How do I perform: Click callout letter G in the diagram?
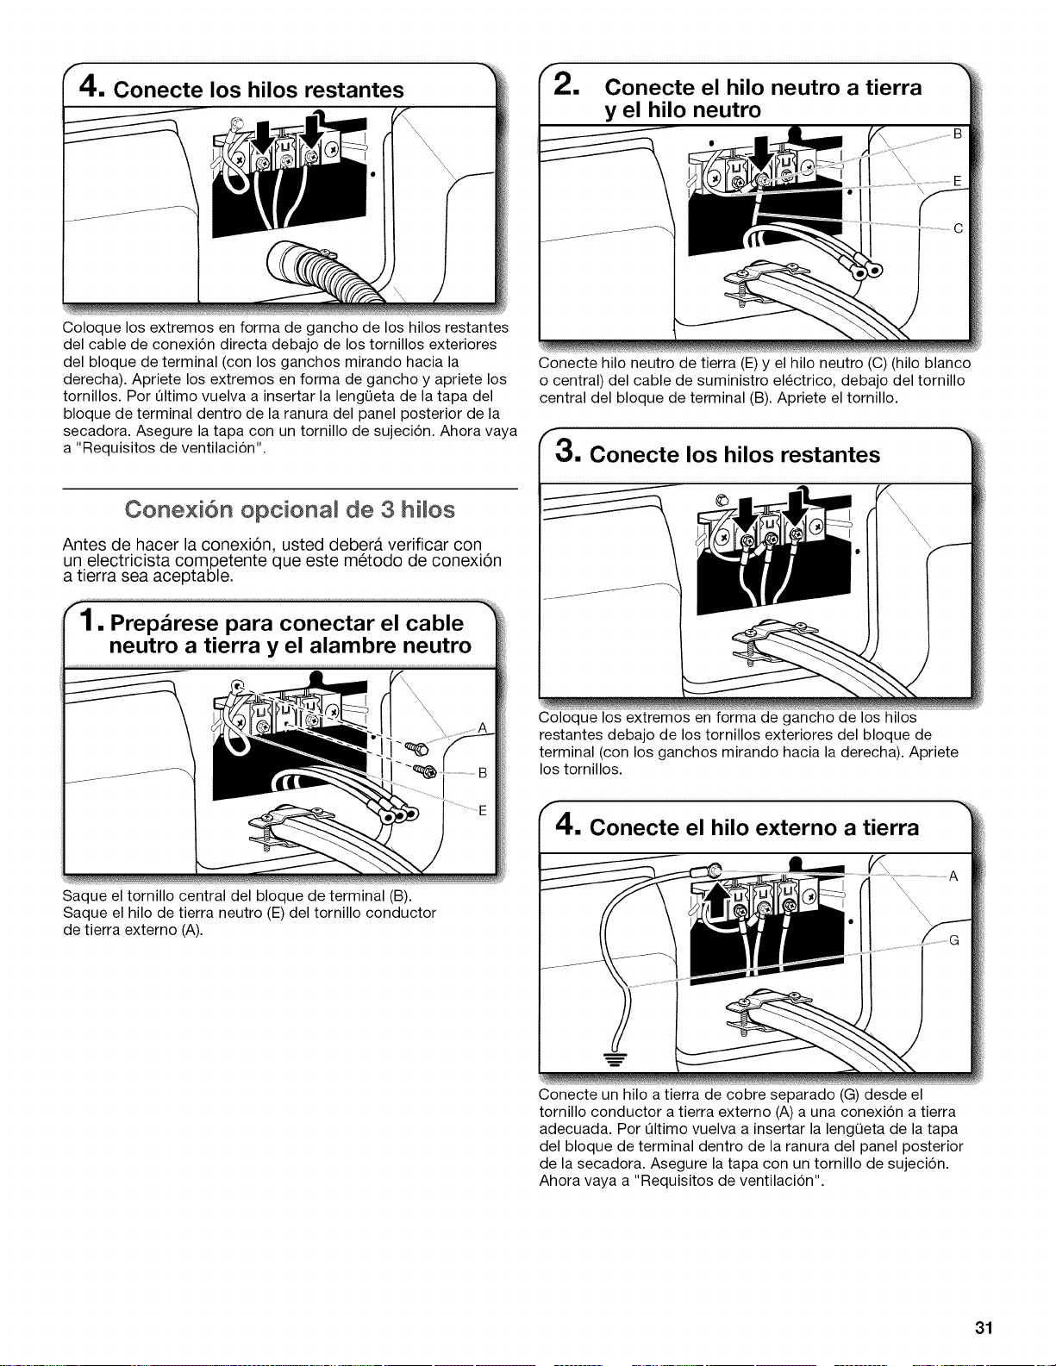coord(953,940)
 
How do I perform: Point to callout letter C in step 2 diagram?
coord(958,229)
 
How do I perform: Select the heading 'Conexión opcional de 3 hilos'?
coord(290,509)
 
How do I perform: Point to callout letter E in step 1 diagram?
coord(483,810)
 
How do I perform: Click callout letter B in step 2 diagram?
coord(958,134)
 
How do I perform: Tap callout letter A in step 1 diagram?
coord(483,728)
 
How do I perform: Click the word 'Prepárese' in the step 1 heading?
coord(165,624)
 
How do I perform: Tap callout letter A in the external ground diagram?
coord(953,876)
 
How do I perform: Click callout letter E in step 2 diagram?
coord(958,181)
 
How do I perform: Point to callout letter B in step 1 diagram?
coord(483,772)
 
